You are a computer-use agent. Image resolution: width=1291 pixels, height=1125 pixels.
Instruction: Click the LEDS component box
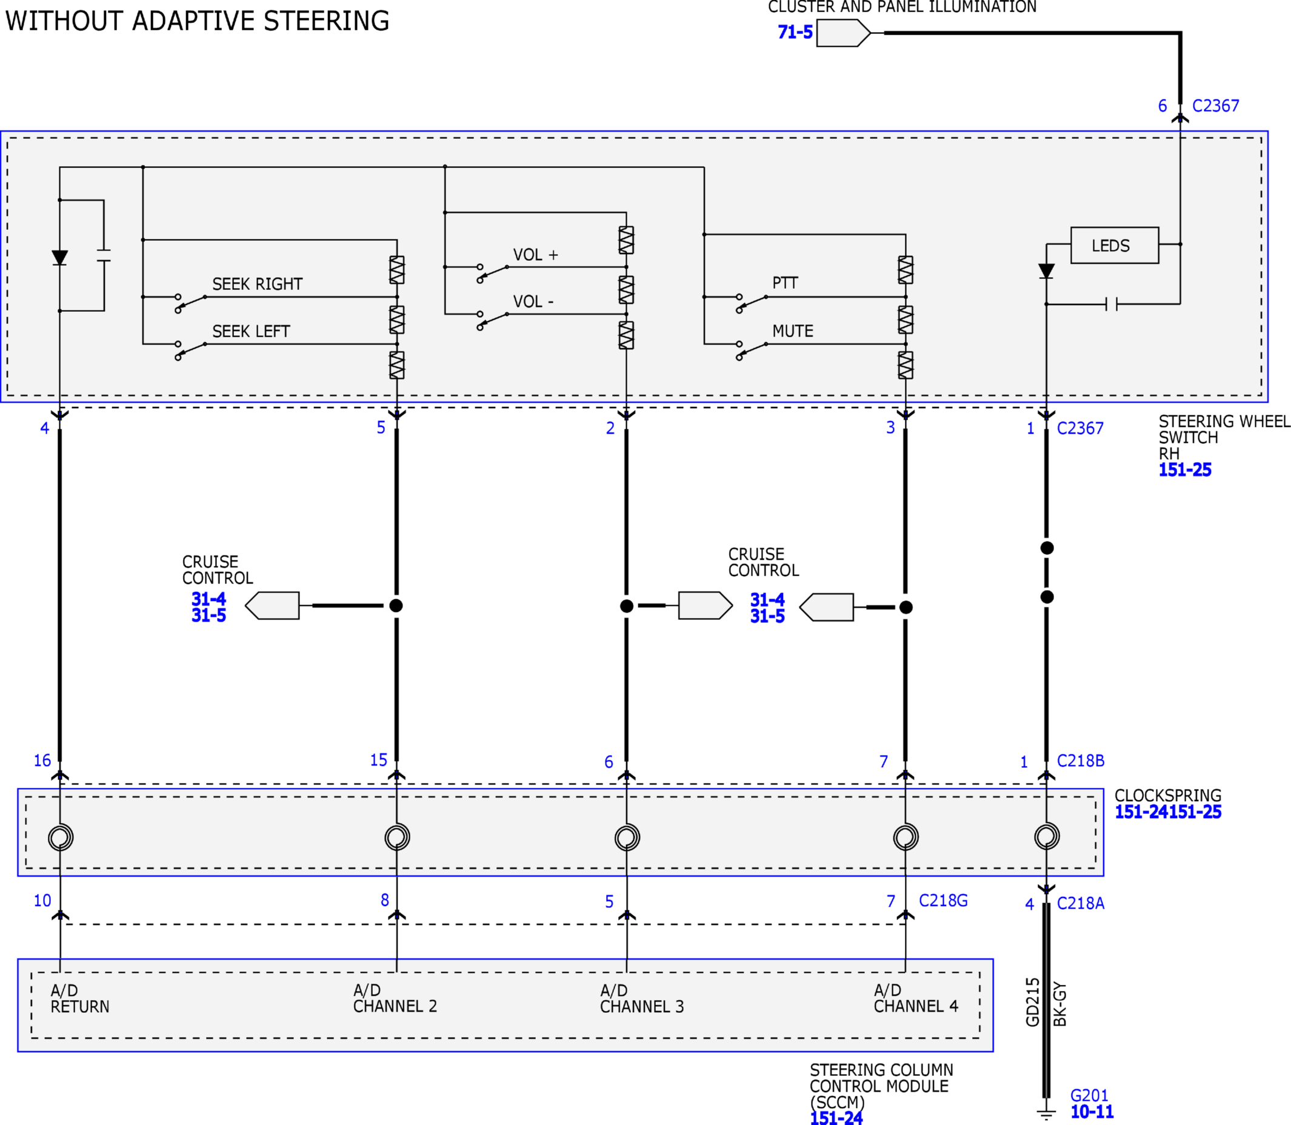1114,245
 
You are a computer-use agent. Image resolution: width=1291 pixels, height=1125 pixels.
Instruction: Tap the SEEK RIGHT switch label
257,284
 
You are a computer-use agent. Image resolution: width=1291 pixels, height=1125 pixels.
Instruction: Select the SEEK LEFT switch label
251,331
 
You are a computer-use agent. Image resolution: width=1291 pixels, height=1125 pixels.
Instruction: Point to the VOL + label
535,255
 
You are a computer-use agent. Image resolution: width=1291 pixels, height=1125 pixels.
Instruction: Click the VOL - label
533,301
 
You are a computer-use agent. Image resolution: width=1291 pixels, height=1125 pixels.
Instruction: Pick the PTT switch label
785,283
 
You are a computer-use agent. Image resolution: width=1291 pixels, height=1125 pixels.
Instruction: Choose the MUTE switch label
792,331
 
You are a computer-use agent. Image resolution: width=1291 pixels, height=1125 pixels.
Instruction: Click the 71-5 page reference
795,32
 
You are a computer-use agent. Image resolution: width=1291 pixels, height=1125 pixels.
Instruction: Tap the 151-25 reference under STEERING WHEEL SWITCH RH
1184,469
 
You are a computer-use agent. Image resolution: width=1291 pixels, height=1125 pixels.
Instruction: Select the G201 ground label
1089,1095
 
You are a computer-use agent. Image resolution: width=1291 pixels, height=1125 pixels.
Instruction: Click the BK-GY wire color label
1059,1004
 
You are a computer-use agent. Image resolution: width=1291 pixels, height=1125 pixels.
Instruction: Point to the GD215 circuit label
1032,1002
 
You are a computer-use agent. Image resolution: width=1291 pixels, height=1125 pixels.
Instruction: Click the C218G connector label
943,900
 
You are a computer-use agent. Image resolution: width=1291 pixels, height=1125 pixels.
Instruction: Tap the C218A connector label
1080,903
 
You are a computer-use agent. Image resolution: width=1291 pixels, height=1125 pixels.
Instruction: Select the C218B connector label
1080,761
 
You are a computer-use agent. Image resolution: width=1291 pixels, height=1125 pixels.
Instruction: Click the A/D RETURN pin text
79,998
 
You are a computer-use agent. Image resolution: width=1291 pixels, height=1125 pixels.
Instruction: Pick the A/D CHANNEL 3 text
642,998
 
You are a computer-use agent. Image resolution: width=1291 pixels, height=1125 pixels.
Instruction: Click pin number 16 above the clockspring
42,761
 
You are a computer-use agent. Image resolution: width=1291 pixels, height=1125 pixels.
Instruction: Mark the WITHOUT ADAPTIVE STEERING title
197,21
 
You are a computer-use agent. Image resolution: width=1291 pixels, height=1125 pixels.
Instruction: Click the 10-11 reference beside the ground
1092,1112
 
